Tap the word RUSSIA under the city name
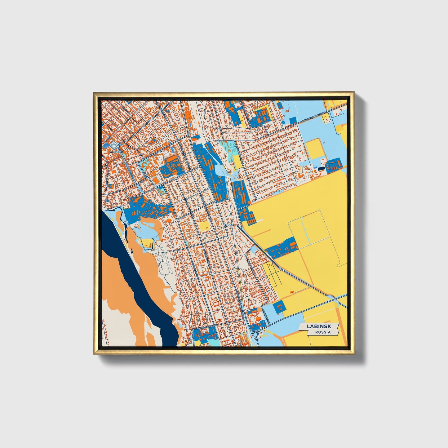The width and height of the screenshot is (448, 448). pyautogui.click(x=323, y=332)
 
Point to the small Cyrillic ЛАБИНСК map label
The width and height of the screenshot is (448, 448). pyautogui.click(x=117, y=152)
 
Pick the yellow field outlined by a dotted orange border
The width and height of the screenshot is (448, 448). pyautogui.click(x=314, y=149)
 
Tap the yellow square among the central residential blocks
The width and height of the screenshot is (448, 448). pyautogui.click(x=204, y=226)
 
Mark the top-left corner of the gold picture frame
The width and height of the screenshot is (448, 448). pyautogui.click(x=94, y=93)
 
